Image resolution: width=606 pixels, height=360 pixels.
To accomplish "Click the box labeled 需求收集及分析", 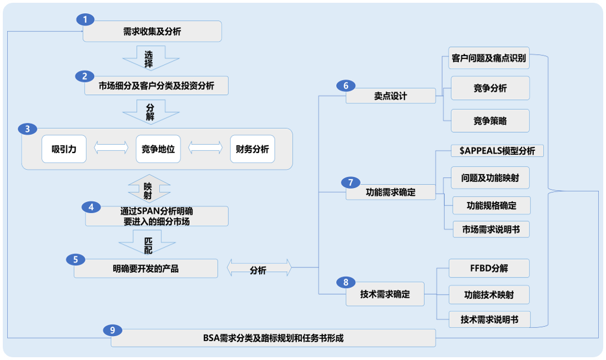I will pyautogui.click(x=152, y=32).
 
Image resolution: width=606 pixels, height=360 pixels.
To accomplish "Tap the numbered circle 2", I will pyautogui.click(x=85, y=77).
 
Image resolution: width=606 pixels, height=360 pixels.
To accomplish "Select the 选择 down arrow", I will pyautogui.click(x=150, y=58).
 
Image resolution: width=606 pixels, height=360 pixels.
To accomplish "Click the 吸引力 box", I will pyautogui.click(x=64, y=149).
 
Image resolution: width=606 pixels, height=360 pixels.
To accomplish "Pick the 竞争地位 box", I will pyautogui.click(x=158, y=149).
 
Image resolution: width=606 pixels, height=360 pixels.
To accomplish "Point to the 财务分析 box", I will pyautogui.click(x=252, y=149).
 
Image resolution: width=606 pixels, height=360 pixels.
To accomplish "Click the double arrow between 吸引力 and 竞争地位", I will pyautogui.click(x=111, y=149).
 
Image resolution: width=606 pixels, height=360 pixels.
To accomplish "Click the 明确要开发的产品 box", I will pyautogui.click(x=145, y=270).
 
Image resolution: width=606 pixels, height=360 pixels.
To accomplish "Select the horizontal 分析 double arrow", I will pyautogui.click(x=259, y=270).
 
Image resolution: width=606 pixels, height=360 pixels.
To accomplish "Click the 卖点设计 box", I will pyautogui.click(x=391, y=95).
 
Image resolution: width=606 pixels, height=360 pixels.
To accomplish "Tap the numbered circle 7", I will pyautogui.click(x=350, y=182).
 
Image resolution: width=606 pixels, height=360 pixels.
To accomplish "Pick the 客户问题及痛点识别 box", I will pyautogui.click(x=488, y=58).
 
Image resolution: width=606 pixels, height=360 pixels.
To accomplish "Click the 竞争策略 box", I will pyautogui.click(x=490, y=121).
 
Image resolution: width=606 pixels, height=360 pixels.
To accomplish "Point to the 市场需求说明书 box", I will pyautogui.click(x=491, y=229).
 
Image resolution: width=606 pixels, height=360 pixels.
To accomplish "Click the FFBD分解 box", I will pyautogui.click(x=488, y=268).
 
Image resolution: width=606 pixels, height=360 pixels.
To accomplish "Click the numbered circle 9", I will pyautogui.click(x=113, y=330).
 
